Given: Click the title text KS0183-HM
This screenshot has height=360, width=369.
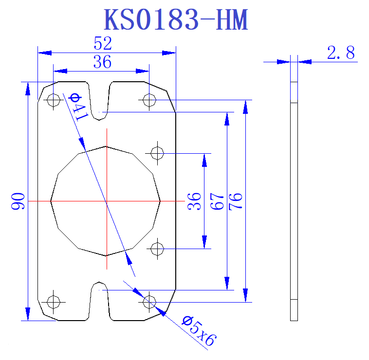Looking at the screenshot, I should pyautogui.click(x=176, y=20).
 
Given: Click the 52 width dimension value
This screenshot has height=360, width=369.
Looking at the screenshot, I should pyautogui.click(x=103, y=44).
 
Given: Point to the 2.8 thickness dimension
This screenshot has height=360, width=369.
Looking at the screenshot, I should pyautogui.click(x=341, y=53).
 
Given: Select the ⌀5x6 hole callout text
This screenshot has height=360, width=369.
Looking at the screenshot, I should pyautogui.click(x=198, y=331).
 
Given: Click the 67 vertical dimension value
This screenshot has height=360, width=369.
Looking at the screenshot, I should pyautogui.click(x=217, y=201).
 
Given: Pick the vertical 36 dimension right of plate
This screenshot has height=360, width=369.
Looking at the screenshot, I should pyautogui.click(x=194, y=201).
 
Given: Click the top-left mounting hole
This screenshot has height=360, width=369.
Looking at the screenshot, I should pyautogui.click(x=53, y=100).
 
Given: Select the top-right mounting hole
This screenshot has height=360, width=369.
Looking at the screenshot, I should pyautogui.click(x=149, y=100).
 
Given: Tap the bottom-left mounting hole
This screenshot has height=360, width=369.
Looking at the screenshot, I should pyautogui.click(x=53, y=302).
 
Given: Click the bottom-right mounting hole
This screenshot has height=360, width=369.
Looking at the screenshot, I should pyautogui.click(x=149, y=302).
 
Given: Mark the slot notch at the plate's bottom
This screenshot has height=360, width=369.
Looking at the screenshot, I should pyautogui.click(x=100, y=302).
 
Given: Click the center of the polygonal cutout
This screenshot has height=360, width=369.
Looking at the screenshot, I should pyautogui.click(x=106, y=201).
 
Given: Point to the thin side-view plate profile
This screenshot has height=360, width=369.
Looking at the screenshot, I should pyautogui.click(x=294, y=201).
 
